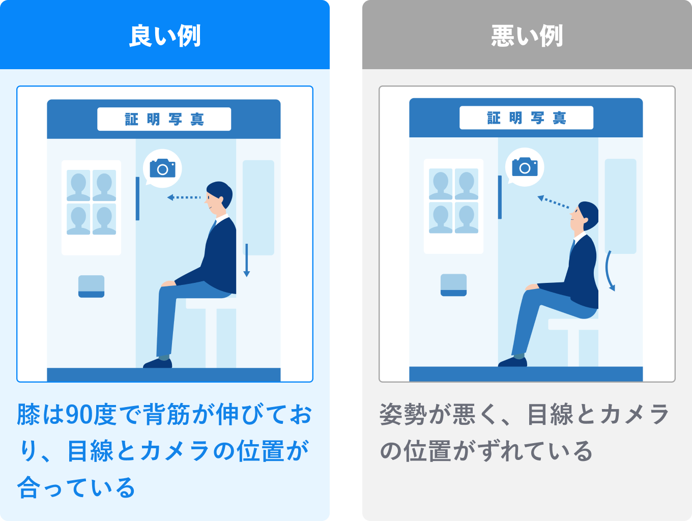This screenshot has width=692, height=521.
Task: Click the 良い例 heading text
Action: pyautogui.click(x=165, y=36)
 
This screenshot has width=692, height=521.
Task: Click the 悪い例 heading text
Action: pyautogui.click(x=527, y=36)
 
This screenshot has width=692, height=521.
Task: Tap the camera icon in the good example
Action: pyautogui.click(x=162, y=168)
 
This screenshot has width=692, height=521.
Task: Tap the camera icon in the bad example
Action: pyautogui.click(x=525, y=167)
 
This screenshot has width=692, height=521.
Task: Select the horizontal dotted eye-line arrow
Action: pyautogui.click(x=184, y=197)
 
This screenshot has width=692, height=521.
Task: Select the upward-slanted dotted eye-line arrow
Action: pyautogui.click(x=553, y=202)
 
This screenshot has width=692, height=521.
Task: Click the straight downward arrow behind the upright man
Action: pyautogui.click(x=247, y=260)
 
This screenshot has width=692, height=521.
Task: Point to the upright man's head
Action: pyautogui.click(x=219, y=195)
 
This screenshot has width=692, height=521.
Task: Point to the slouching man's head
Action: pyautogui.click(x=584, y=216)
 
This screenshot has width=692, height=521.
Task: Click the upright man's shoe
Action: pyautogui.click(x=158, y=363)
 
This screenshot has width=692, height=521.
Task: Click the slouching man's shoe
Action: pyautogui.click(x=512, y=362)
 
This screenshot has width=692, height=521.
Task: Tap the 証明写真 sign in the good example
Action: pyautogui.click(x=164, y=119)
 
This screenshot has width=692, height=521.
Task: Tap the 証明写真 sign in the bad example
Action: pyautogui.click(x=526, y=118)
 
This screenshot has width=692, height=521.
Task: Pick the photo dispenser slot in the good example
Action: pyautogui.click(x=91, y=286)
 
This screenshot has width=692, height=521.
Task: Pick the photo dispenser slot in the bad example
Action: pyautogui.click(x=453, y=285)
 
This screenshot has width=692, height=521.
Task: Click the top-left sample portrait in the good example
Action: pyautogui.click(x=78, y=185)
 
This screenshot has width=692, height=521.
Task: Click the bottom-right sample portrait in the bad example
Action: pyautogui.click(x=466, y=217)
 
